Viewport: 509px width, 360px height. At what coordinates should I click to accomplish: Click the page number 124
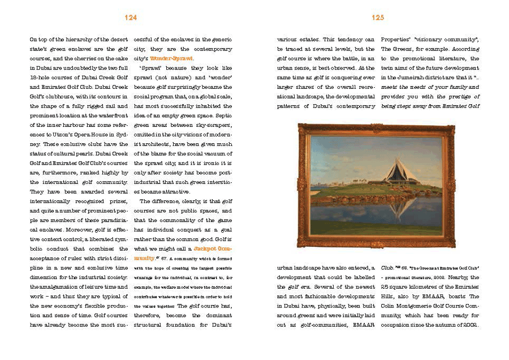131,18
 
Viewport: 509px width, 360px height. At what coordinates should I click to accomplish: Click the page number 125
378,18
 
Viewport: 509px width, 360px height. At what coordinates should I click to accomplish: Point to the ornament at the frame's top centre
377,128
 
